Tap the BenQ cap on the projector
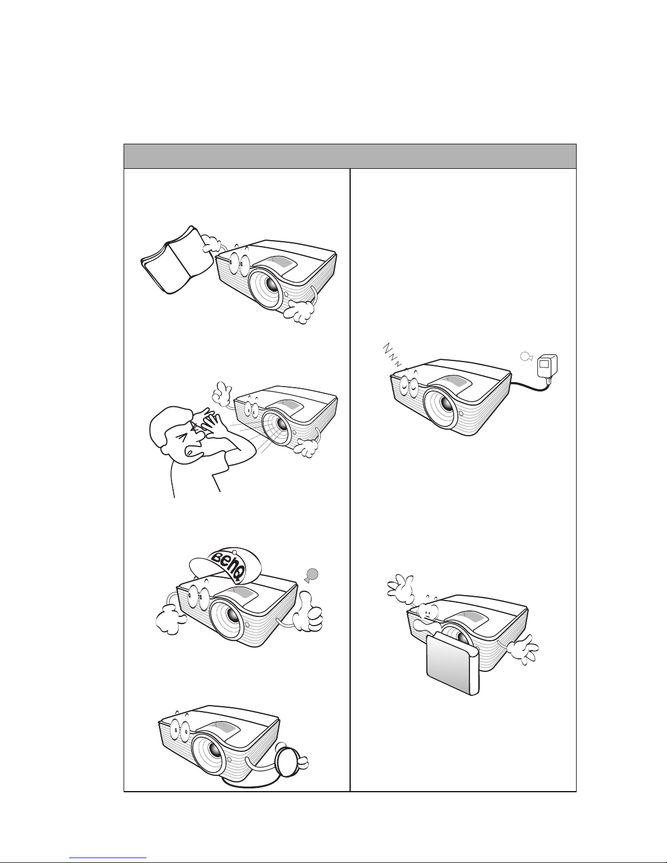pyautogui.click(x=225, y=567)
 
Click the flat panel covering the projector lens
pyautogui.click(x=453, y=663)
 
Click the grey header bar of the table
pyautogui.click(x=350, y=156)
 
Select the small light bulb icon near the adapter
pyautogui.click(x=525, y=357)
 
